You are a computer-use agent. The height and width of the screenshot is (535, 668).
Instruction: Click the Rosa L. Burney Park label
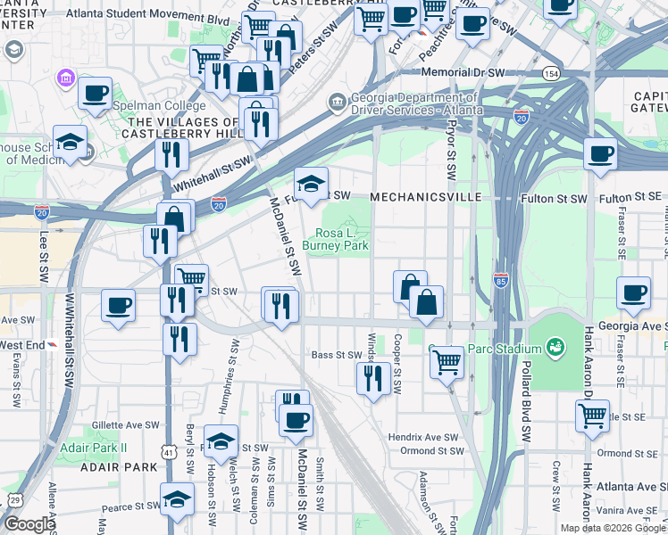pyautogui.click(x=335, y=238)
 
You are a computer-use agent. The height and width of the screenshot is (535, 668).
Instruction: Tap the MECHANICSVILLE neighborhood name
pyautogui.click(x=425, y=196)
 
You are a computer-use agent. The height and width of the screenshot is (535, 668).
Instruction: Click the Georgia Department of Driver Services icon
pyautogui.click(x=337, y=102)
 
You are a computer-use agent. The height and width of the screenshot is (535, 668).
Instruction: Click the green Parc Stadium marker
pyautogui.click(x=555, y=345)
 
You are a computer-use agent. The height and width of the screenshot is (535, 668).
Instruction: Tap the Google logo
pyautogui.click(x=29, y=523)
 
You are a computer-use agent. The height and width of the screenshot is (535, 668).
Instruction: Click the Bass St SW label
pyautogui.click(x=335, y=355)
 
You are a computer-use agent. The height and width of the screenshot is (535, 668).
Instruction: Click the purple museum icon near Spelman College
pyautogui.click(x=66, y=79)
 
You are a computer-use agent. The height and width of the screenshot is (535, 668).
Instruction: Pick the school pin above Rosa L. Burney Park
pyautogui.click(x=312, y=185)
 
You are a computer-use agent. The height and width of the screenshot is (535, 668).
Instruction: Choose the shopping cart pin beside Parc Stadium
pyautogui.click(x=447, y=362)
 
